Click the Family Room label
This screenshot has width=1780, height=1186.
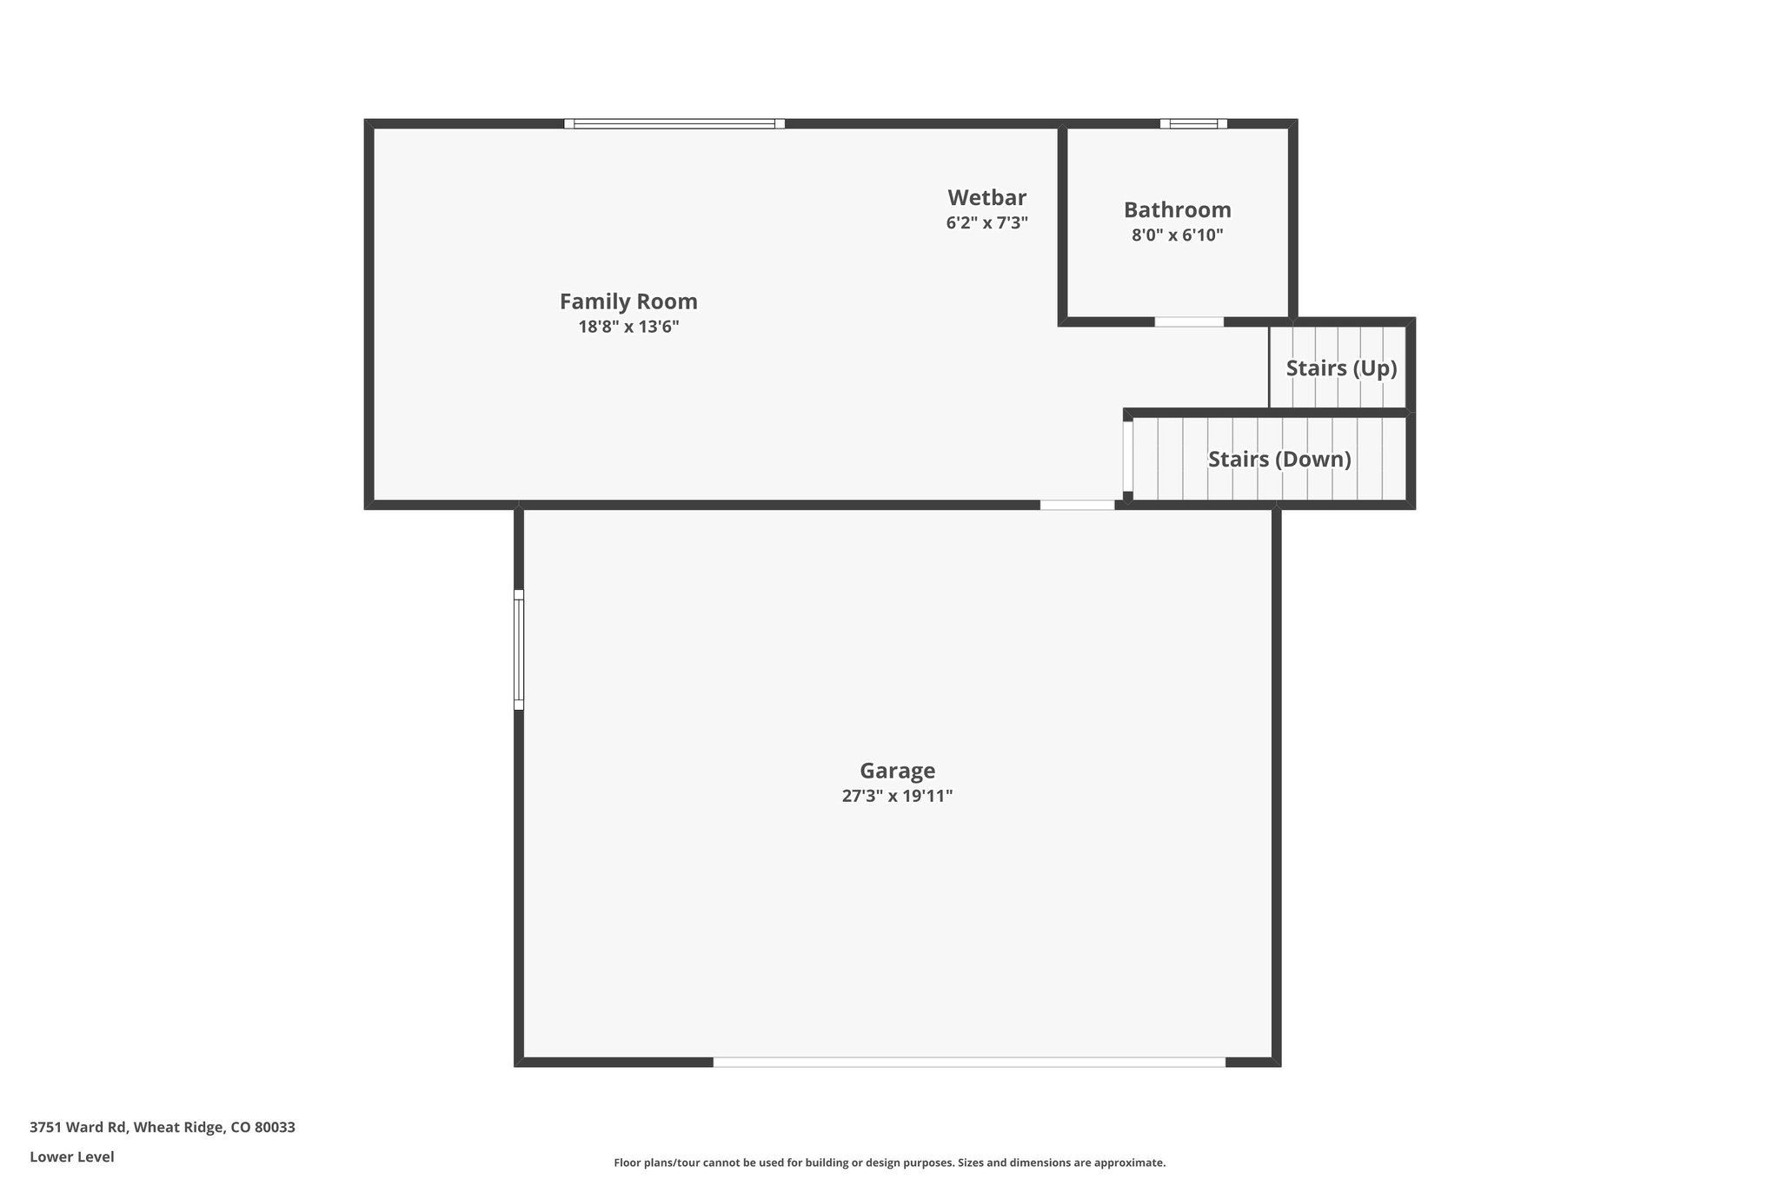(628, 301)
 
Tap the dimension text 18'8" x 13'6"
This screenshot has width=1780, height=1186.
(628, 328)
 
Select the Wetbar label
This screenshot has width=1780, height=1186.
(986, 197)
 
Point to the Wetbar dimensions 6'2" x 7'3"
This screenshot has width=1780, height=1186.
(986, 222)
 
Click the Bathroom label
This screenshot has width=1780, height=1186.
(1177, 209)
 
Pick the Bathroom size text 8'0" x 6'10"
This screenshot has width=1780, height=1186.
(1177, 235)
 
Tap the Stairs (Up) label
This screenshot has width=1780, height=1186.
(1341, 368)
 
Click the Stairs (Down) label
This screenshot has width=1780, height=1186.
(1279, 459)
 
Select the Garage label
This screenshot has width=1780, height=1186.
(897, 771)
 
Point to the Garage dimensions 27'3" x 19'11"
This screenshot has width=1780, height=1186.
(897, 796)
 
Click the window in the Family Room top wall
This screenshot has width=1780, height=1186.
(674, 124)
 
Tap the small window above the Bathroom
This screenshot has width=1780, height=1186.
(1193, 124)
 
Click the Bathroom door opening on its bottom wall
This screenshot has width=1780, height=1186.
(1189, 322)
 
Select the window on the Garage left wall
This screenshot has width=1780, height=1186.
(519, 650)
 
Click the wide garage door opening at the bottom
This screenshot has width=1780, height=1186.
(969, 1062)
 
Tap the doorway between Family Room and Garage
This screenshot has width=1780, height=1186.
(1077, 505)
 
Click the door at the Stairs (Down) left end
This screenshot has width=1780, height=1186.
(1127, 456)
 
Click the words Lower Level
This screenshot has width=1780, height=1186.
(72, 1156)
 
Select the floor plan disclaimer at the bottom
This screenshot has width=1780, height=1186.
(889, 1163)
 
